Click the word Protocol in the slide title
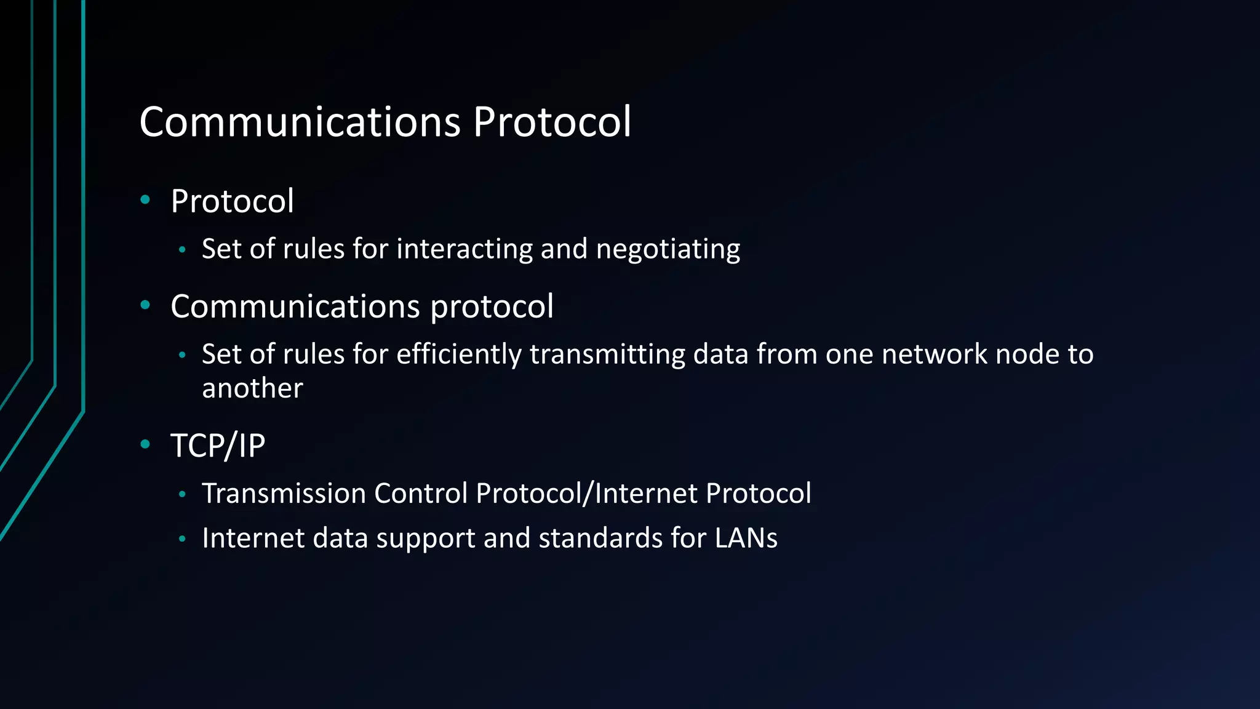tap(552, 122)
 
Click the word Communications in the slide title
tap(300, 122)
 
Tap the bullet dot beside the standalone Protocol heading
tap(145, 199)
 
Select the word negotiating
tap(668, 249)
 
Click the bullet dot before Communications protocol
tap(145, 305)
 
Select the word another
tap(252, 388)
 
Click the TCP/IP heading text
tap(218, 446)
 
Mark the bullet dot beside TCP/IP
tap(145, 444)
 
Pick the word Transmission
tap(284, 494)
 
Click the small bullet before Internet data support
tap(182, 539)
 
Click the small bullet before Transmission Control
tap(182, 494)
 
